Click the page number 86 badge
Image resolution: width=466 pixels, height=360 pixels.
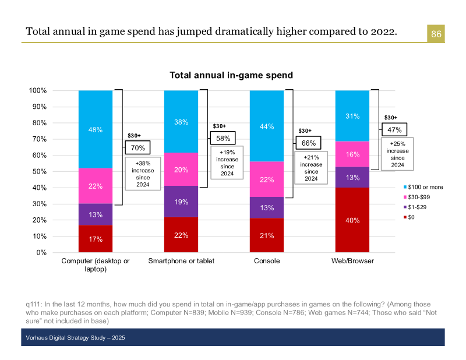[x=436, y=34]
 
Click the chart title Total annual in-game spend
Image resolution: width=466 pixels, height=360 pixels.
[x=231, y=75]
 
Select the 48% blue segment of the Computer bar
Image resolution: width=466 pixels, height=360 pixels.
[x=96, y=130]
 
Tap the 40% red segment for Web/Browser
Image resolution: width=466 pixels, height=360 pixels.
[x=352, y=220]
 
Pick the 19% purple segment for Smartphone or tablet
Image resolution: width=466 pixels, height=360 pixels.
[x=181, y=202]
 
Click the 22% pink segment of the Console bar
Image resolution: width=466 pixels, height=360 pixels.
[x=267, y=179]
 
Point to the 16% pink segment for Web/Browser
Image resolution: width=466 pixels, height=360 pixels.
[x=352, y=154]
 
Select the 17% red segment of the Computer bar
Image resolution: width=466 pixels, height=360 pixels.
[x=96, y=239]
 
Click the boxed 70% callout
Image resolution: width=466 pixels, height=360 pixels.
[x=138, y=148]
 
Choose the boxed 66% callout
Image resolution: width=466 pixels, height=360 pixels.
[x=309, y=143]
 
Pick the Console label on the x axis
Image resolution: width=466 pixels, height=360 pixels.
[x=267, y=261]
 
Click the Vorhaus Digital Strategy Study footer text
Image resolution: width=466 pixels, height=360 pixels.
[x=75, y=338]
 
